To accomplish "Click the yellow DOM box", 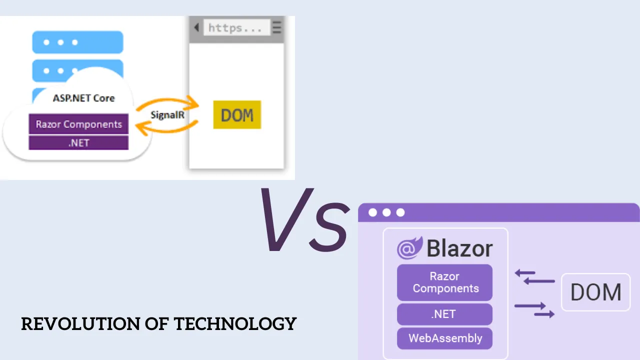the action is click(237, 115).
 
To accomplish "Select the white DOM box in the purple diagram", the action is click(595, 292).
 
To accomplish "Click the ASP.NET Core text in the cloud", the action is click(83, 98).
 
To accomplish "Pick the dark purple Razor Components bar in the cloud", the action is click(78, 124).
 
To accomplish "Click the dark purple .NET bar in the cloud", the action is click(78, 142).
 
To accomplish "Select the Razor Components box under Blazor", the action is click(444, 282).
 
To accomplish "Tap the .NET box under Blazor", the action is click(444, 314).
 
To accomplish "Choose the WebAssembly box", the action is click(444, 338).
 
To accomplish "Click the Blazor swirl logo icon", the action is click(409, 248).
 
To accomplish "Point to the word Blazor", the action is click(459, 248).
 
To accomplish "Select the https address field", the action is click(236, 27).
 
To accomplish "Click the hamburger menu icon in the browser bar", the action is click(277, 27).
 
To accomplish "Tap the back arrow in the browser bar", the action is click(196, 27).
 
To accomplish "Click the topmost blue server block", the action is click(77, 42).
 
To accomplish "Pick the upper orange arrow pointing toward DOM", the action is click(167, 101).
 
